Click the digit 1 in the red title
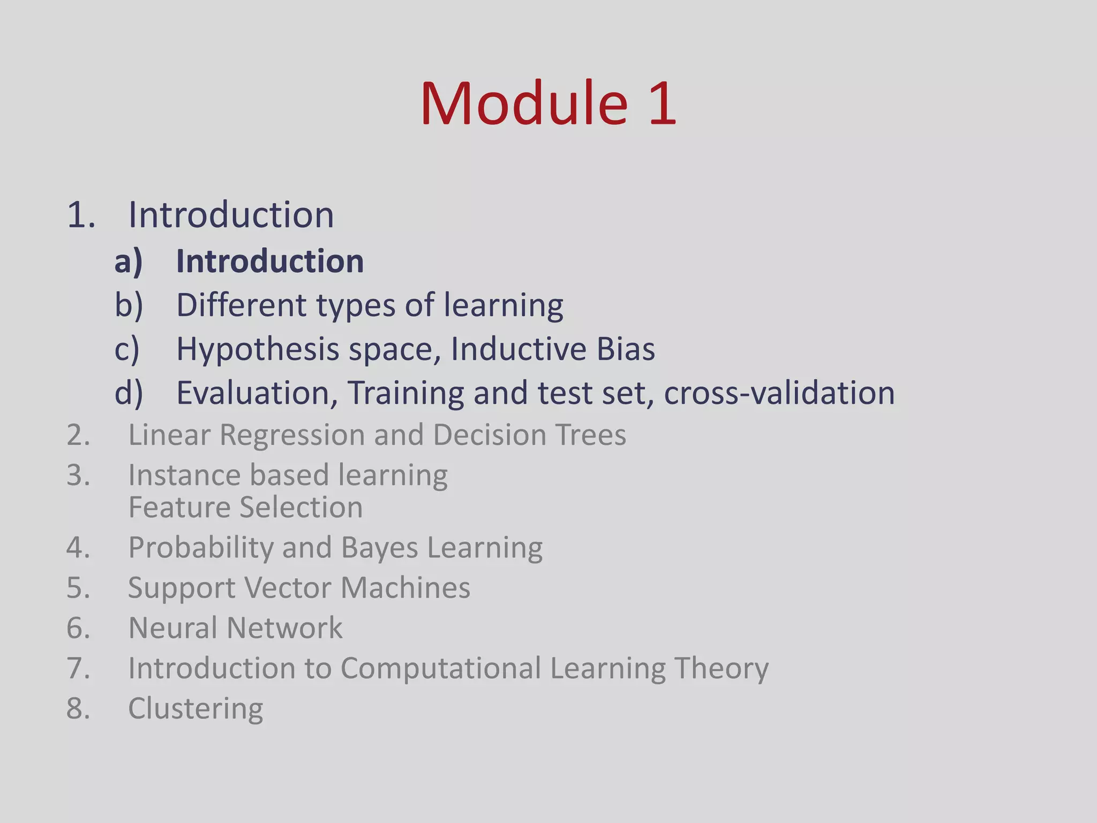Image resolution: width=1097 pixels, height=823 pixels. tap(662, 103)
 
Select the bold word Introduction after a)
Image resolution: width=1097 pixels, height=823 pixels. tap(270, 261)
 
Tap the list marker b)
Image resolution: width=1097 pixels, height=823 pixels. tap(129, 305)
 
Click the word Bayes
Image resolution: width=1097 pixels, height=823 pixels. tap(379, 548)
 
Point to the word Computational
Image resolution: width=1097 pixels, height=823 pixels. tap(441, 669)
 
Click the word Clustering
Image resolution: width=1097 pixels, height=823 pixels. tap(196, 709)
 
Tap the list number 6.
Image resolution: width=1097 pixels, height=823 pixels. tap(78, 628)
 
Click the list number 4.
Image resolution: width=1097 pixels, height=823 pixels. tap(78, 548)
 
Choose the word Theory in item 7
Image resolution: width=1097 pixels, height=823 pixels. tap(721, 669)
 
